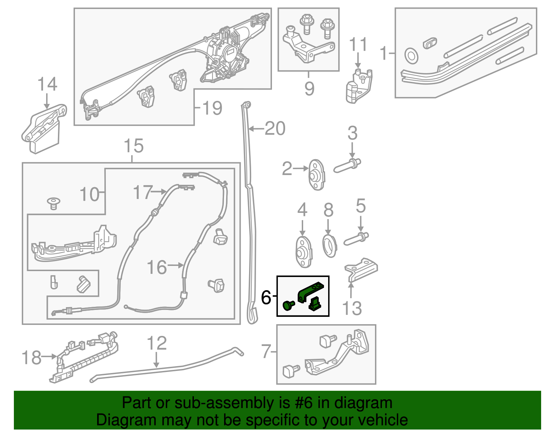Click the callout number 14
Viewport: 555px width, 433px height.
47,84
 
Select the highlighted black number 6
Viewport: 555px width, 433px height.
266,297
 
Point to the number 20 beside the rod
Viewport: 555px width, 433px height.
275,129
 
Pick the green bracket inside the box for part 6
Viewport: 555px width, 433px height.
310,291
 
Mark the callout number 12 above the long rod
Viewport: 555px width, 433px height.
157,343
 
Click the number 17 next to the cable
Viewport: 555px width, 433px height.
143,192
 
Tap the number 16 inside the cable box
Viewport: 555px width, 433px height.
156,267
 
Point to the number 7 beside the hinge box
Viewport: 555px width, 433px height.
266,351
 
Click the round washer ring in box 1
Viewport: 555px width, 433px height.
411,56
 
